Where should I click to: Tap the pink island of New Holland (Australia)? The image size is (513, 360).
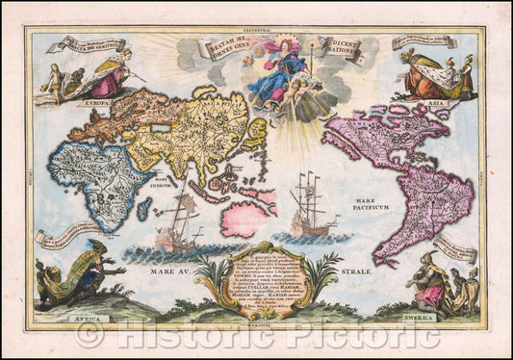click(x=244, y=218)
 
